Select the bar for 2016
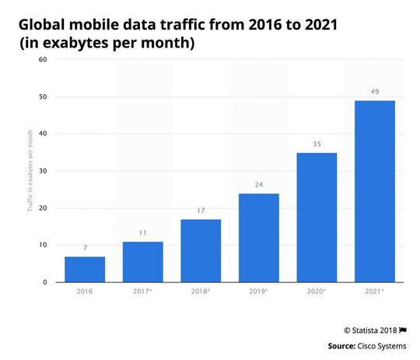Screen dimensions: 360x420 coord(84,269)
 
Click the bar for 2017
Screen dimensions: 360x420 coord(142,262)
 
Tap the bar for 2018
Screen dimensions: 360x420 coord(201,250)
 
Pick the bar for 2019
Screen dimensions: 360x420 coord(258,238)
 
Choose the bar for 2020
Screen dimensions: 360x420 coord(317,218)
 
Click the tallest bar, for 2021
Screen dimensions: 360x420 coord(374,191)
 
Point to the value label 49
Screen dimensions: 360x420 coord(374,93)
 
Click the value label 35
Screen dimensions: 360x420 coord(317,145)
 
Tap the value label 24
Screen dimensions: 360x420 coord(258,185)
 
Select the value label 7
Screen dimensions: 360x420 coord(84,248)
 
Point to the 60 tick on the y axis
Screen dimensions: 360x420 coord(42,60)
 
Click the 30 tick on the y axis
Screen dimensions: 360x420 coord(42,171)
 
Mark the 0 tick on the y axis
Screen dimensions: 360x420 coord(44,282)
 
